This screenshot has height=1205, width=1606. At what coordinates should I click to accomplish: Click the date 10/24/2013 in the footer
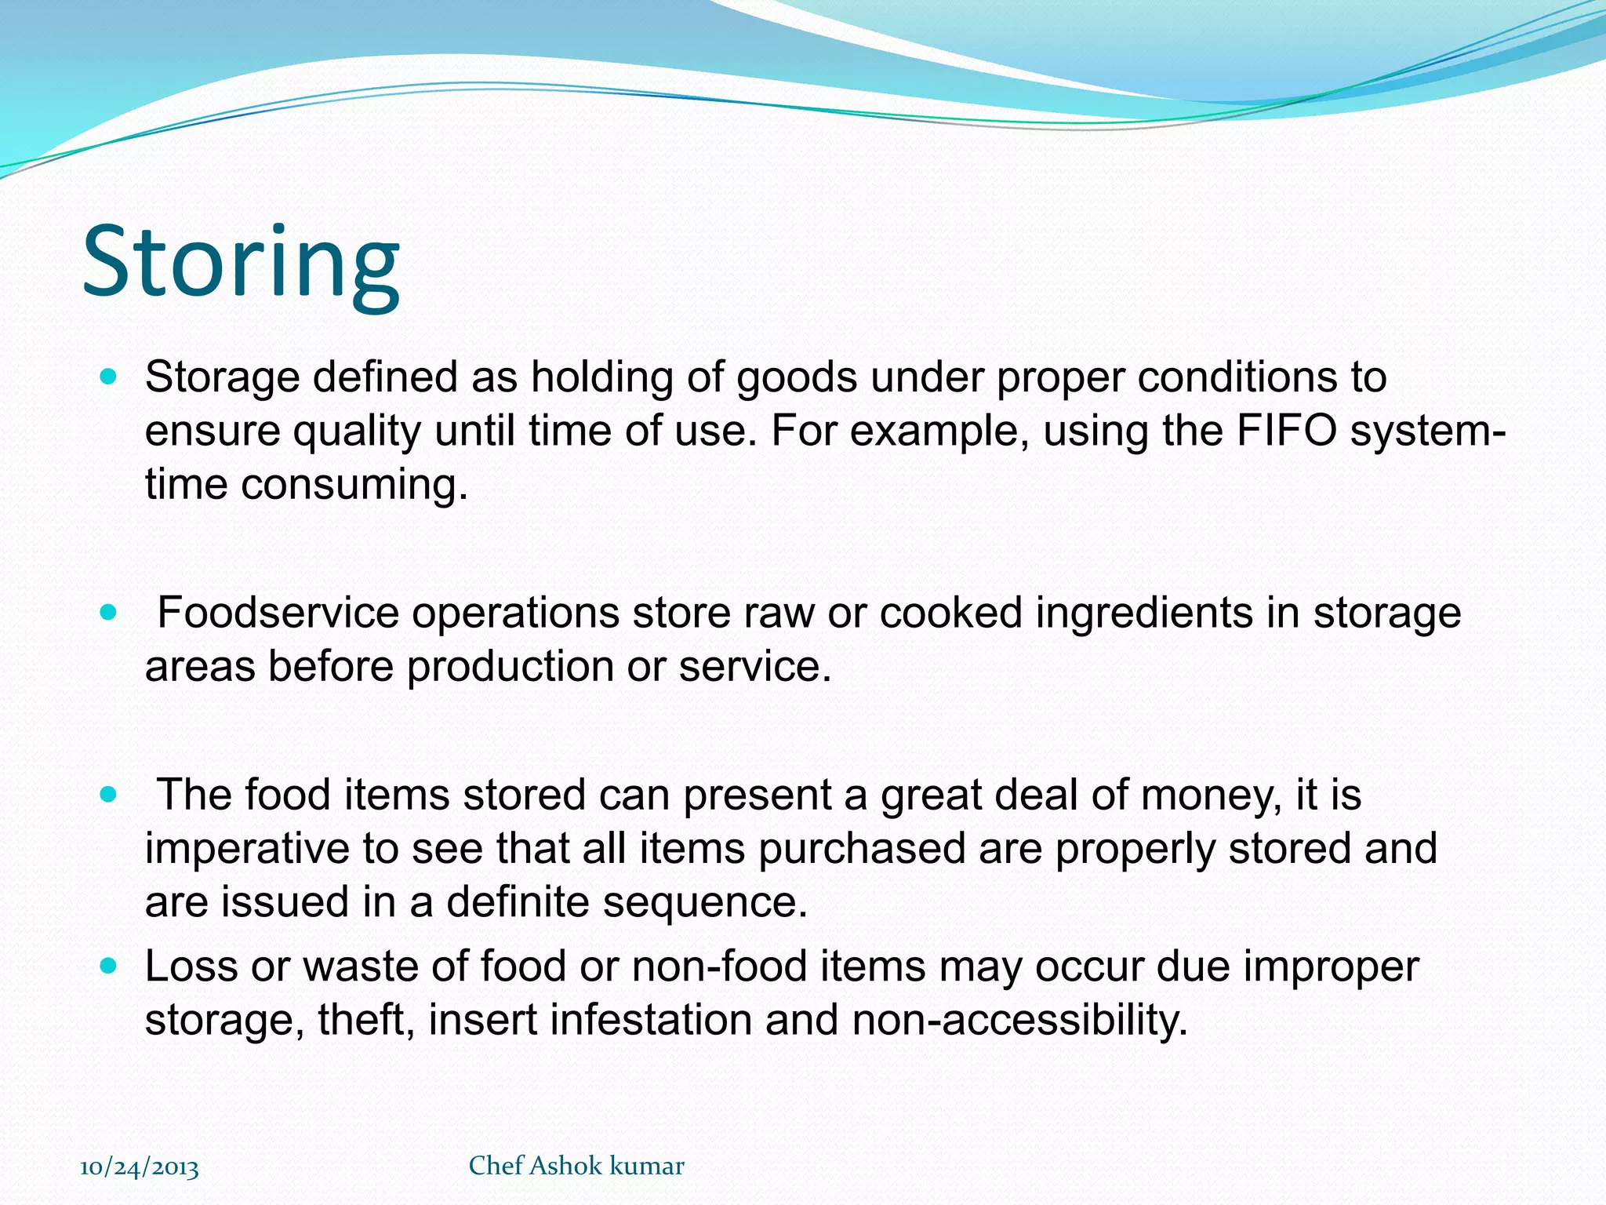(140, 1167)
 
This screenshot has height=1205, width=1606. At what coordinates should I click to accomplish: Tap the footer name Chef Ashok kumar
(576, 1166)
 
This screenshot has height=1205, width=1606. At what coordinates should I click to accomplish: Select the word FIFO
(1286, 431)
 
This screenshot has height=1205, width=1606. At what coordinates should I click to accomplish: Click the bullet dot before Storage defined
(109, 377)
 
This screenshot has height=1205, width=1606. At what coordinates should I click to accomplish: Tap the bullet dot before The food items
(109, 795)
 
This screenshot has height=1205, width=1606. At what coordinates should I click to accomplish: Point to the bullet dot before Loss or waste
(109, 966)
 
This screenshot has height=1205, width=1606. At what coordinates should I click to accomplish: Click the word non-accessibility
(1019, 1020)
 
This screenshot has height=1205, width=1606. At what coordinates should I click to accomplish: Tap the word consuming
(354, 485)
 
